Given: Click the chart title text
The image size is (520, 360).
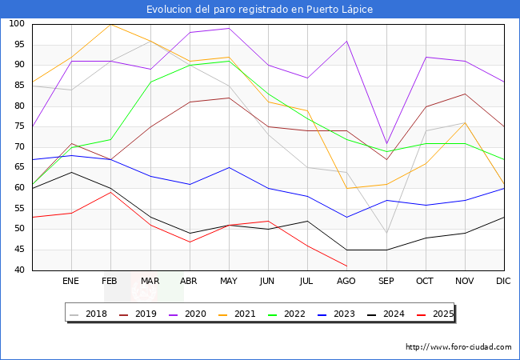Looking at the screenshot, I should [260, 10].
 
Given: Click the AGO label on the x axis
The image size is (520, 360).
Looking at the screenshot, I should [346, 282].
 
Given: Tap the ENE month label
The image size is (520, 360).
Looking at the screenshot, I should [71, 282].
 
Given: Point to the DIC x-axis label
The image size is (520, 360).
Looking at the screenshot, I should [503, 282].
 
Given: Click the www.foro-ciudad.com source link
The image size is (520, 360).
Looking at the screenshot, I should [458, 347].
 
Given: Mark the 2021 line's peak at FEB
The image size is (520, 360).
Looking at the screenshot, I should [110, 24].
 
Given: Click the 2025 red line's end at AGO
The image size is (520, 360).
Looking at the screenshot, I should [346, 266].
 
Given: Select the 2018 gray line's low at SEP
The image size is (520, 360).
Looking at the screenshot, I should [386, 233].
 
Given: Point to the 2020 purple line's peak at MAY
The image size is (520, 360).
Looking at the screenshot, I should [229, 28].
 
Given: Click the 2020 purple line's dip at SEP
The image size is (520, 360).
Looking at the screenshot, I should [386, 143].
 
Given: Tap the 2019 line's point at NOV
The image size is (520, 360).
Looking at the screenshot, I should [464, 94].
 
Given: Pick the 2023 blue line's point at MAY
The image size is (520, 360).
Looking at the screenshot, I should [229, 167].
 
